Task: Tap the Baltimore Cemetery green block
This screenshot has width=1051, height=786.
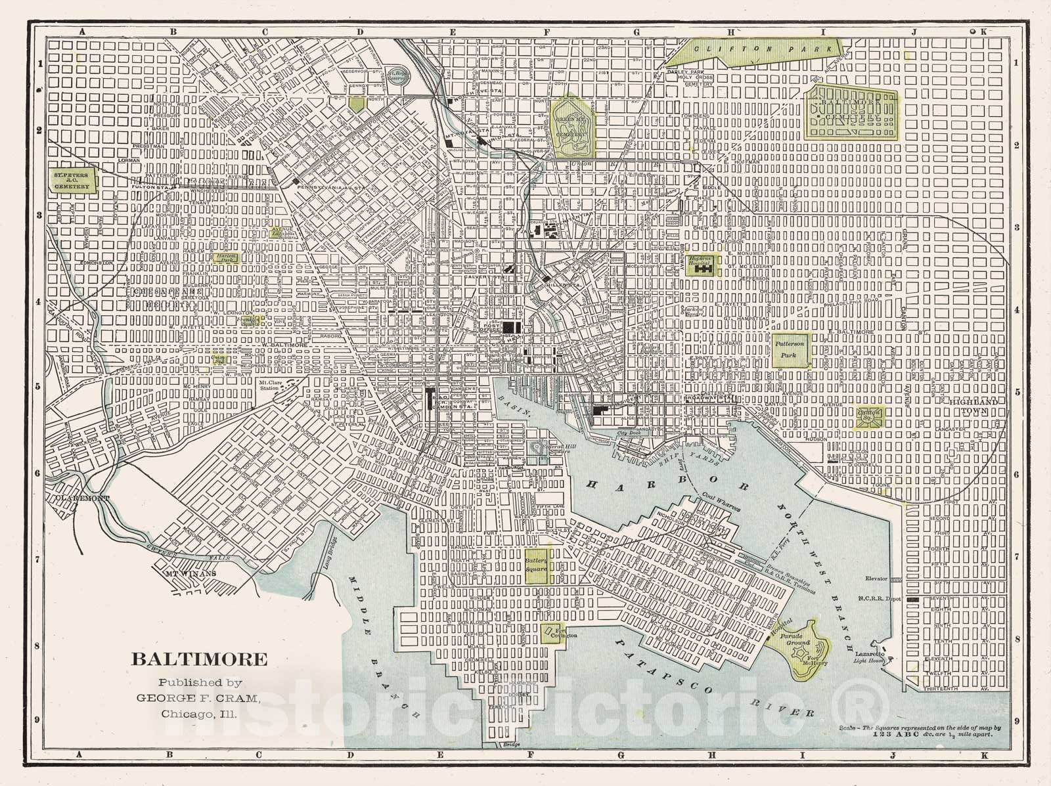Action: [x=851, y=112]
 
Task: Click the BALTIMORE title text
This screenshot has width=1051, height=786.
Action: [x=200, y=659]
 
